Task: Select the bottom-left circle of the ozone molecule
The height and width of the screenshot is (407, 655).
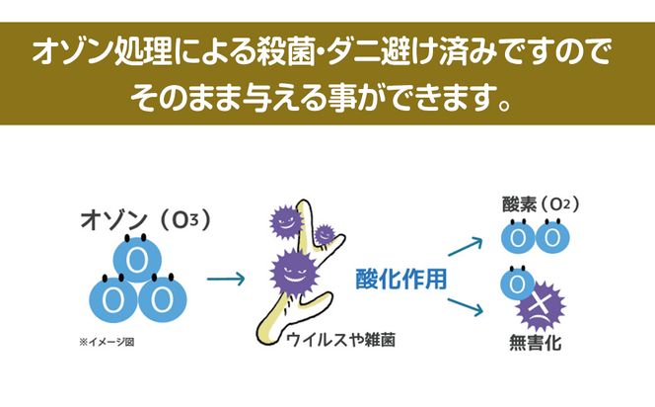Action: [x=111, y=295]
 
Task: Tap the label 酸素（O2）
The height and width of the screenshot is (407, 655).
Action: [x=540, y=205]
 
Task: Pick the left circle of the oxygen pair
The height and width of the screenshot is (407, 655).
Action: [x=521, y=238]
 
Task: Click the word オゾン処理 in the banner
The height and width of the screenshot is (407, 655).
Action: [x=98, y=51]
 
